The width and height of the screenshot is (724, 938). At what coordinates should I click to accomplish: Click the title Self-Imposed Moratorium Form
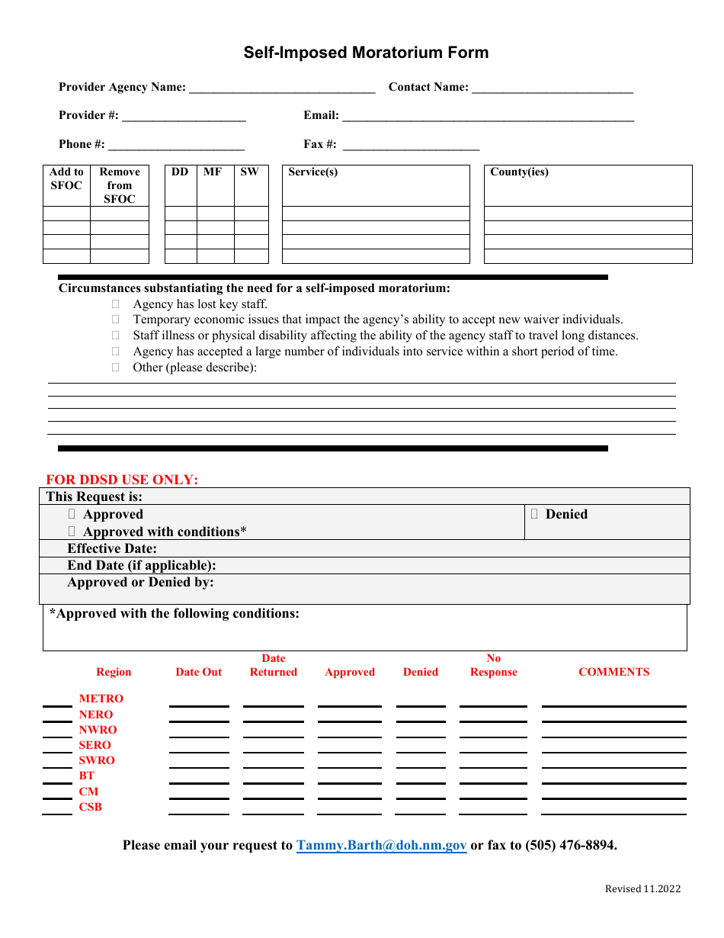(x=366, y=53)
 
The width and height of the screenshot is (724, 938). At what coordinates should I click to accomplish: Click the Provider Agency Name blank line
(x=282, y=88)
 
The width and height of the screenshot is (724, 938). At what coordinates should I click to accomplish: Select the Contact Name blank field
(x=553, y=88)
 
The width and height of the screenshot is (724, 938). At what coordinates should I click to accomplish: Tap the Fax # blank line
(x=412, y=146)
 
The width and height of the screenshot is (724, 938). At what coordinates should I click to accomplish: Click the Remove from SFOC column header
(x=120, y=185)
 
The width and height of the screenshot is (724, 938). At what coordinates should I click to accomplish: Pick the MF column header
(x=213, y=172)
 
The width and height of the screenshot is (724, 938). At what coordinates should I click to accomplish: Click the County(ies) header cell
(x=519, y=172)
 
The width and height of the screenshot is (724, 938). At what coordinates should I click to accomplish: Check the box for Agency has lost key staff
(x=116, y=304)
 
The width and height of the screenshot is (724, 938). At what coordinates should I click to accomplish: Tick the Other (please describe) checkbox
(x=116, y=367)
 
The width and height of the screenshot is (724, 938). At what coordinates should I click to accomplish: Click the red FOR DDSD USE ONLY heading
(x=122, y=480)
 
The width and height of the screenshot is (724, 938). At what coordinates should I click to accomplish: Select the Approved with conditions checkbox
(x=72, y=532)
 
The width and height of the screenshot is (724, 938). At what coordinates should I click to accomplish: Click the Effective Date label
(x=112, y=548)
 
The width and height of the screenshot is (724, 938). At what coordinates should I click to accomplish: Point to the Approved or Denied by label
(x=140, y=582)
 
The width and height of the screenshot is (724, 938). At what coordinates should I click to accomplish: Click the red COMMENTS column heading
(x=613, y=672)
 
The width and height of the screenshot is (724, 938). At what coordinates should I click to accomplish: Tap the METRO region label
(x=101, y=699)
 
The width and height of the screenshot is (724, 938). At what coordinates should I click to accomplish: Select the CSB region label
(x=90, y=807)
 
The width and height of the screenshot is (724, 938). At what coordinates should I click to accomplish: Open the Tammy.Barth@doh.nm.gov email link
(x=381, y=845)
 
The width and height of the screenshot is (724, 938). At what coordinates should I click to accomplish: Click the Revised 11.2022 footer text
(x=642, y=888)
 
